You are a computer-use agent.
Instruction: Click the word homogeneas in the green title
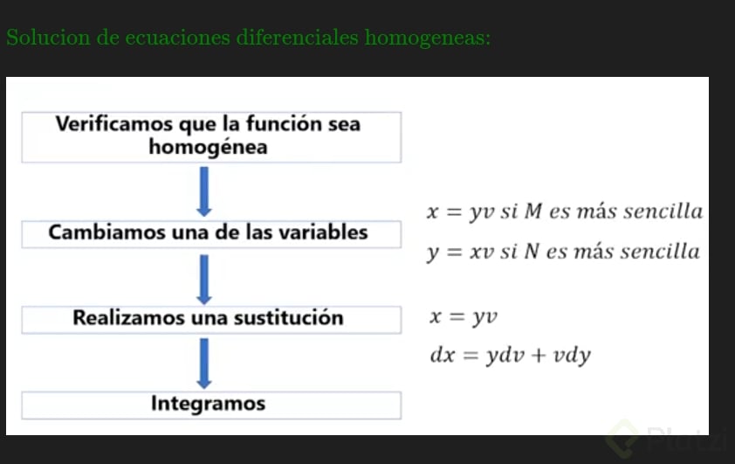[427, 38]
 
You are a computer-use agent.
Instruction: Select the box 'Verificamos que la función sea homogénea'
[210, 136]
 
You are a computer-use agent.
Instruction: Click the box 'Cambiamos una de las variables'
[210, 233]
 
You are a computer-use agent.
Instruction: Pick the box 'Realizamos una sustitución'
[210, 318]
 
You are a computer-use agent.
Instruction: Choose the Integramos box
[210, 405]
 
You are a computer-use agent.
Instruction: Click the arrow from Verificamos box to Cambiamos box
[204, 191]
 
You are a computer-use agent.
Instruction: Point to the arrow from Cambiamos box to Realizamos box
[204, 277]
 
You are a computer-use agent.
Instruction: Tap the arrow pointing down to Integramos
[204, 362]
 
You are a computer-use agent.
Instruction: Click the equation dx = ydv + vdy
[511, 356]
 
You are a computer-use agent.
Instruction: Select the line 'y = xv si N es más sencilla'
[563, 253]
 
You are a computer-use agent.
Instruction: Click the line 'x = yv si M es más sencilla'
[564, 211]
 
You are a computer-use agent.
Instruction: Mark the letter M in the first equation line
[533, 211]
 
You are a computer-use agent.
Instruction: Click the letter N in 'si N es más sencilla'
[532, 253]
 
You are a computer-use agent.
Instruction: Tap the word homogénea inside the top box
[208, 148]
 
